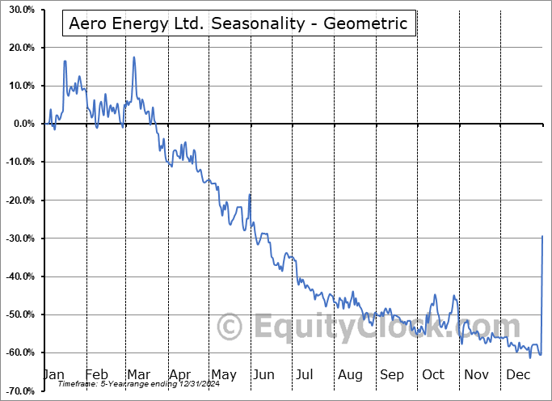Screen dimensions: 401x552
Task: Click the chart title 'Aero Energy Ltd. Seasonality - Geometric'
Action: (238, 23)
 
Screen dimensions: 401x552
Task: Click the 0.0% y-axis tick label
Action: (22, 124)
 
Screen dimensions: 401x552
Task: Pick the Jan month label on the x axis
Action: (55, 374)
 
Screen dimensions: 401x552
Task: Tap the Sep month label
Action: (392, 374)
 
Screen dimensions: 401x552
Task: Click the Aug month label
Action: (350, 374)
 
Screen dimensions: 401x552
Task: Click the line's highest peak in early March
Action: (133, 57)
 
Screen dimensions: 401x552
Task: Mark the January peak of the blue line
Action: (65, 61)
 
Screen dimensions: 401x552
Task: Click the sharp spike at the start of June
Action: (250, 195)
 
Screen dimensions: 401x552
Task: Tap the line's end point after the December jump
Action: (541, 235)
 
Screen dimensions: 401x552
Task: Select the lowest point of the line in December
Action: (530, 357)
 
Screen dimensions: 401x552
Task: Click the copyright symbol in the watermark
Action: (231, 327)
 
